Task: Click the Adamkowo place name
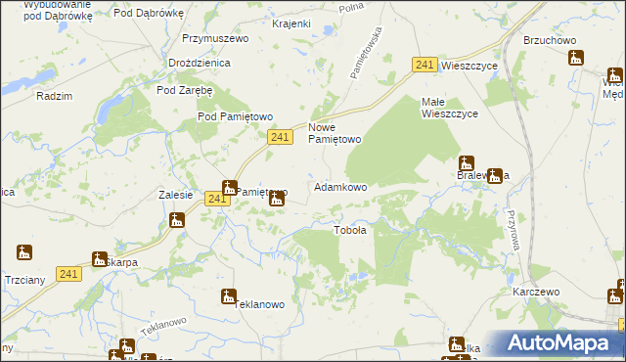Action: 339,187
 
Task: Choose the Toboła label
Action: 350,231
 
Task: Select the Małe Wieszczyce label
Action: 449,108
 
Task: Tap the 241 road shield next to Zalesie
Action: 217,199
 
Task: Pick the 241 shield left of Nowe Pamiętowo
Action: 280,138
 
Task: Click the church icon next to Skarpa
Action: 99,259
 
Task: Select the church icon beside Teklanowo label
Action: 228,295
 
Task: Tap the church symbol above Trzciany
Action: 24,252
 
